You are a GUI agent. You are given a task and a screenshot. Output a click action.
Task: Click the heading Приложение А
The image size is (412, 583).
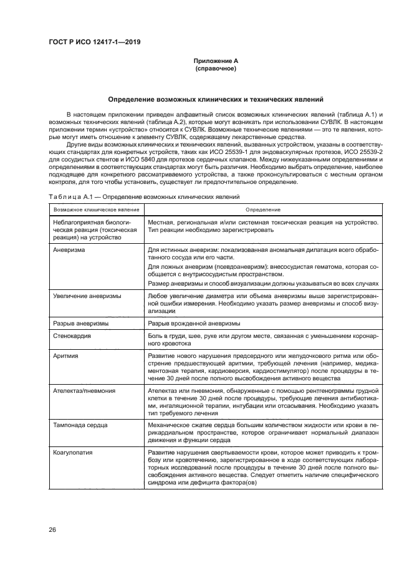click(x=215, y=61)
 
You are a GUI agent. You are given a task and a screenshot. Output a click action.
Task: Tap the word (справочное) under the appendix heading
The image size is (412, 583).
click(x=215, y=69)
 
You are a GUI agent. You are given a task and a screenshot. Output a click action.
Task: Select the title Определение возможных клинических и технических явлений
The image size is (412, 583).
click(x=215, y=99)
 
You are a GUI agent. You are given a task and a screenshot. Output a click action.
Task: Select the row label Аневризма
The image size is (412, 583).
click(x=70, y=249)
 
